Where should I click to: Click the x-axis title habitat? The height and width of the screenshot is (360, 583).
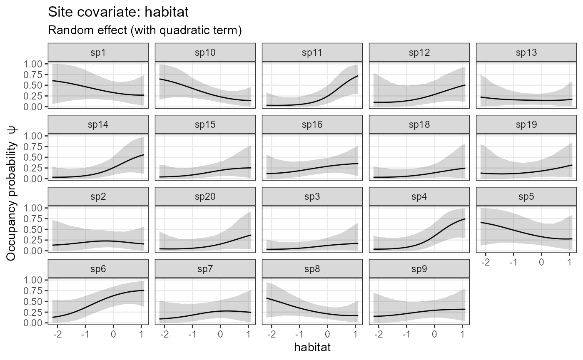(x=312, y=347)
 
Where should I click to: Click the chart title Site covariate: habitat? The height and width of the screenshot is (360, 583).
(x=119, y=12)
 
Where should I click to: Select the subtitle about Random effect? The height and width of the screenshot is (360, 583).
(x=145, y=30)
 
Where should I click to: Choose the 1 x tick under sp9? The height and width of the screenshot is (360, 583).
(x=462, y=334)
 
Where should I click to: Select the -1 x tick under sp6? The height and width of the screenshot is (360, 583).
(x=85, y=334)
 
